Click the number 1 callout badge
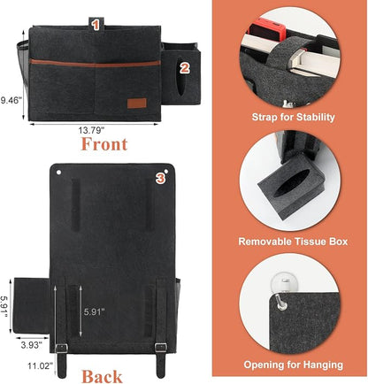[x=95, y=25]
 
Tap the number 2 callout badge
[x=184, y=68]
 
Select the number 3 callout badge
[x=160, y=178]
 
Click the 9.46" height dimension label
[x=11, y=100]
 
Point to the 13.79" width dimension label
[x=91, y=130]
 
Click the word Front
[x=104, y=144]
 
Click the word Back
[x=102, y=377]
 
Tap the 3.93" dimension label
[x=31, y=344]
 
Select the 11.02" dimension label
[x=41, y=365]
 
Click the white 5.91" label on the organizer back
[x=95, y=311]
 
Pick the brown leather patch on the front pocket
[x=137, y=104]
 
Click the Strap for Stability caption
[x=293, y=117]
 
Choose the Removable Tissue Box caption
[x=293, y=242]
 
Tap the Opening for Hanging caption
[x=294, y=365]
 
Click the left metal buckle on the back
[x=61, y=348]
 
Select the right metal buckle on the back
[x=161, y=348]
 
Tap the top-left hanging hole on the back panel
[x=58, y=172]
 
